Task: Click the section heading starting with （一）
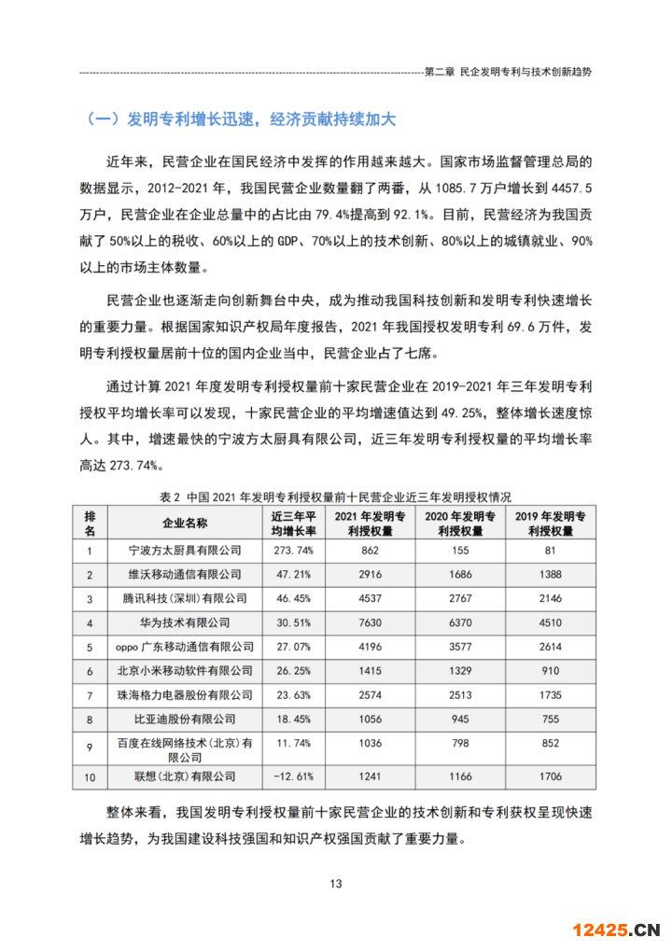click(x=241, y=119)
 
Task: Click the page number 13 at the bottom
click(x=336, y=884)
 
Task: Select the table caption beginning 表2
click(x=336, y=496)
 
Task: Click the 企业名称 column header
click(x=185, y=523)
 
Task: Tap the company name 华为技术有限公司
click(x=185, y=622)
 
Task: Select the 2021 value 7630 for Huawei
click(x=370, y=622)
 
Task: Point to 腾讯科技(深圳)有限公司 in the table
click(x=185, y=598)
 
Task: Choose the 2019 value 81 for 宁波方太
click(x=549, y=551)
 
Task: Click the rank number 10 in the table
click(x=90, y=776)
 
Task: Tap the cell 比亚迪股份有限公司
click(x=185, y=719)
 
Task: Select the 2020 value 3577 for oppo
click(x=460, y=647)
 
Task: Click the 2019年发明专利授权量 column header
click(x=549, y=523)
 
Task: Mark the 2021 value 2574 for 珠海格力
click(x=370, y=694)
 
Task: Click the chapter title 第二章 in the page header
click(x=509, y=71)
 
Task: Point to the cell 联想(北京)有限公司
click(x=185, y=776)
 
